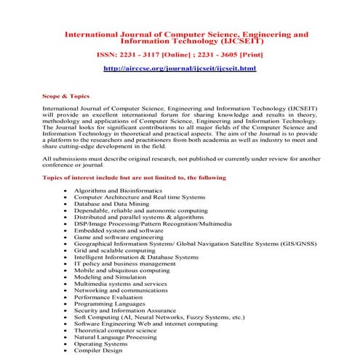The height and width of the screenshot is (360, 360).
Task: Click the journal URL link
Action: click(x=180, y=68)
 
